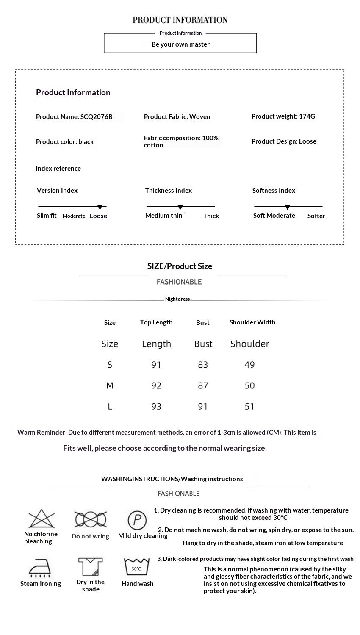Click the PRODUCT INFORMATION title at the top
coord(180,20)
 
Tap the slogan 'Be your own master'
coord(180,44)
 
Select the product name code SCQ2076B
coord(97,117)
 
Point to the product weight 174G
coord(307,116)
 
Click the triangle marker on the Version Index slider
coord(100,207)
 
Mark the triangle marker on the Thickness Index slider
coord(180,207)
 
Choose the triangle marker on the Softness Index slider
coord(288,207)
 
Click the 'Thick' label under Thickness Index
coord(211,216)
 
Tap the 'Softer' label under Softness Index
coord(316,216)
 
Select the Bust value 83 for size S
coord(203,365)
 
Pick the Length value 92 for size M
coord(156,385)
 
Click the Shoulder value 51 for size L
coord(249,407)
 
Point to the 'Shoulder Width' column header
coord(252,322)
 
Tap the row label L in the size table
coord(110,407)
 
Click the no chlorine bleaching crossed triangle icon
coord(42,519)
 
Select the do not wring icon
coord(90,519)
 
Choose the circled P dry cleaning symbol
coord(137,520)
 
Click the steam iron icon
coord(40,568)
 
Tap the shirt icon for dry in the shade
coord(90,567)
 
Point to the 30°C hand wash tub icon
coord(136,567)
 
